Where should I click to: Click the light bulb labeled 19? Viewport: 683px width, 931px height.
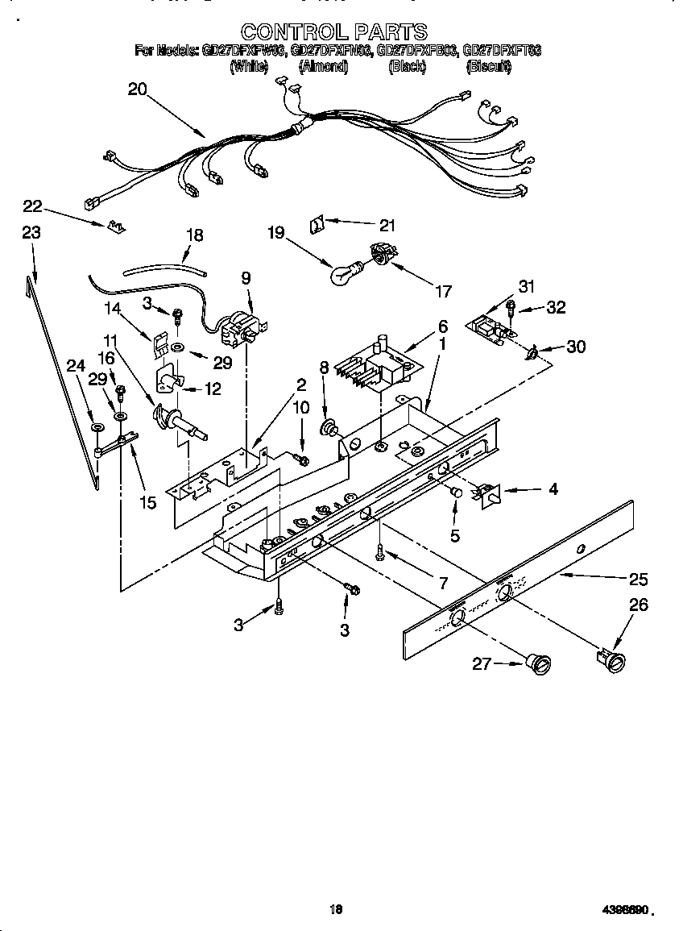tap(345, 275)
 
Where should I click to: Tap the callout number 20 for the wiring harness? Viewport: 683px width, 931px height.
tap(138, 90)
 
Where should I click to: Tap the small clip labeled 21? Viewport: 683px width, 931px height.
tap(317, 223)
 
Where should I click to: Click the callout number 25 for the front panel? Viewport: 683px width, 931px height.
tap(638, 579)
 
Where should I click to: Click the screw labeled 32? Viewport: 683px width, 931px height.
tap(511, 306)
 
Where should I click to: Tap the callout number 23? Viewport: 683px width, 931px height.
tap(31, 233)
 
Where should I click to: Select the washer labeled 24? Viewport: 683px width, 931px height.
tap(96, 426)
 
